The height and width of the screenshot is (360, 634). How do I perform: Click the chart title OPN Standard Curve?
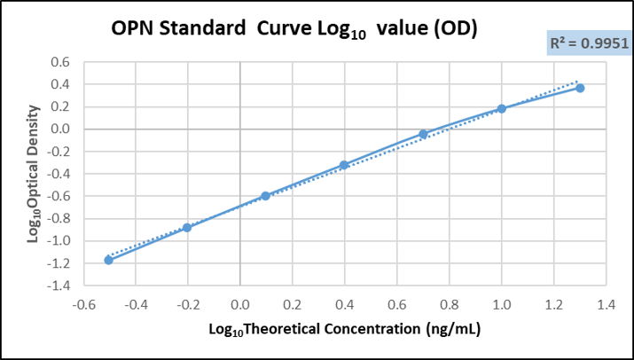coord(294,29)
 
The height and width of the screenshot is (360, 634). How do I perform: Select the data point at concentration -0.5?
coord(108,260)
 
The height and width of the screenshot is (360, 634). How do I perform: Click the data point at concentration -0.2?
coord(187,227)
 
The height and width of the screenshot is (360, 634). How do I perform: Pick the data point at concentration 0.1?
coord(265,195)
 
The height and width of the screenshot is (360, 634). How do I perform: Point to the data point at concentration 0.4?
coord(344,165)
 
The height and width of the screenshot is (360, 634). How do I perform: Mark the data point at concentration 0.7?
coord(423,134)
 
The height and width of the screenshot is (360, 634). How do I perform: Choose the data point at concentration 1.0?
coord(501,108)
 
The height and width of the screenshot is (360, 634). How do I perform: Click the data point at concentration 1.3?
coord(580,88)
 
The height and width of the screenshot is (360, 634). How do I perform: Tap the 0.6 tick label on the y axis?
coord(59,62)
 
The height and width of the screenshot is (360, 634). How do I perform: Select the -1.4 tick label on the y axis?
coord(58,286)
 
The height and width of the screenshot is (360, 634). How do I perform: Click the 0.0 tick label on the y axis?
coord(59,129)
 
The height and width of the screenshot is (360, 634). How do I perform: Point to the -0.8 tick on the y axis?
coord(58,218)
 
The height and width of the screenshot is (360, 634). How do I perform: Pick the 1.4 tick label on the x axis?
coord(606,304)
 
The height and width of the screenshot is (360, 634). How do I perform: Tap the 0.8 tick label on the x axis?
coord(449,304)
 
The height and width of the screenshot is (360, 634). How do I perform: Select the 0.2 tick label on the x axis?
coord(292,304)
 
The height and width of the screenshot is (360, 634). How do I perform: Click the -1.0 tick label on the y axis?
coord(58,240)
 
